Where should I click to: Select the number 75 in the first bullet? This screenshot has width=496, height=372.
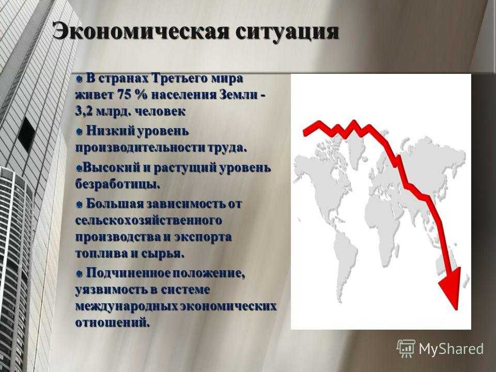tap(125, 94)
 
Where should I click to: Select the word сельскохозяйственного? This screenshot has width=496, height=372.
tap(148, 221)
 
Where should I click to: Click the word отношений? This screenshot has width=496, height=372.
tap(112, 323)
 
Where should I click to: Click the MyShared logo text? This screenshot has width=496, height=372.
tap(451, 349)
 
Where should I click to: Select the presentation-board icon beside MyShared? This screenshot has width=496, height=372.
tap(406, 348)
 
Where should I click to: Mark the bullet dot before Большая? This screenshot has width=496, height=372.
tap(79, 204)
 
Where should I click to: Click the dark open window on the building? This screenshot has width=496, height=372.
tap(26, 134)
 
